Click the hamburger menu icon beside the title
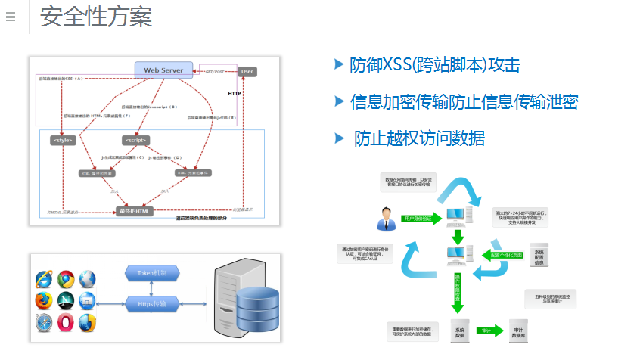(11, 17)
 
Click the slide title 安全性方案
(96, 16)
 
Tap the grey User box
(247, 71)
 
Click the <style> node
(63, 140)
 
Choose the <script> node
(135, 140)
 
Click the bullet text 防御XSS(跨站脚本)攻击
(434, 65)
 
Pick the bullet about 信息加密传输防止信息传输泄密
(464, 101)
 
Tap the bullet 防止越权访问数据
(419, 138)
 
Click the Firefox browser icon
(42, 301)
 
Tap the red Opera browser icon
(65, 323)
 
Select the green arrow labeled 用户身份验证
(418, 219)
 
